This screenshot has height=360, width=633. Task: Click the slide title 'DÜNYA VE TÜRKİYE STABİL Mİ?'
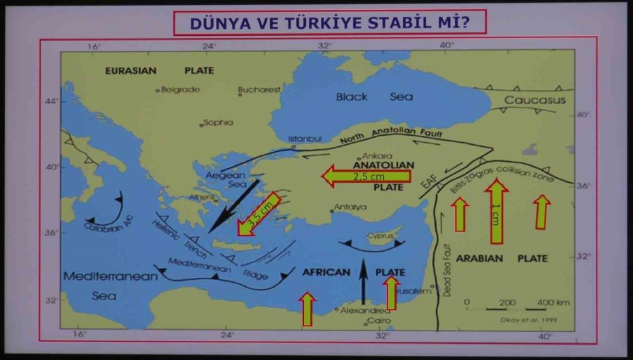[x=330, y=22]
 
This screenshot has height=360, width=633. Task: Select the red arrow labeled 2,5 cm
[x=366, y=176]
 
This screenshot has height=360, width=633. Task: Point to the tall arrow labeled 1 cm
[x=497, y=211]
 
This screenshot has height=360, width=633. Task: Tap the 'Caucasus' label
[x=535, y=101]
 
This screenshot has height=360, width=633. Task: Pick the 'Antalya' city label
[x=350, y=207]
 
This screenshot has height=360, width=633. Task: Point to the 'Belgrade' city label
[x=180, y=89]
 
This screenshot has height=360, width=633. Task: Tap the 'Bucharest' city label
[x=259, y=89]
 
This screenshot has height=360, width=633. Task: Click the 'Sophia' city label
[x=217, y=122]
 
